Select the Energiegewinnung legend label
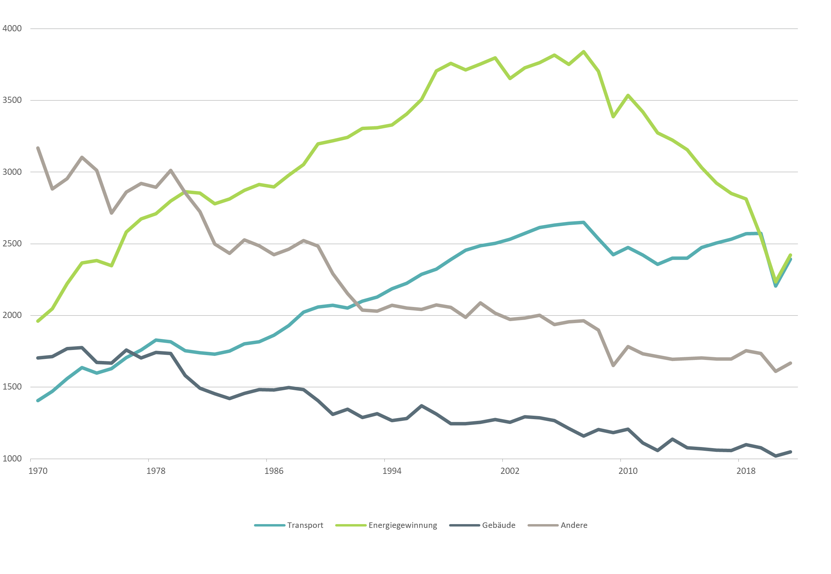tap(402, 525)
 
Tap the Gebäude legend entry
tap(498, 525)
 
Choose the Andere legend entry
tap(574, 525)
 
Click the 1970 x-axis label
tap(38, 471)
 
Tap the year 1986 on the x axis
tap(274, 471)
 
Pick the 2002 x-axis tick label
tap(510, 471)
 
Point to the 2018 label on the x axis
tap(746, 471)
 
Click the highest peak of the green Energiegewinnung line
tap(584, 52)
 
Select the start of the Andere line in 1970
tap(38, 148)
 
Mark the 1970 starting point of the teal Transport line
tap(38, 401)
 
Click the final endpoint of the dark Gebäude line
tap(790, 452)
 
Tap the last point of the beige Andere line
tap(790, 363)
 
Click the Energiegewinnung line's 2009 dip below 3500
tap(613, 117)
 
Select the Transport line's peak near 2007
tap(584, 222)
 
